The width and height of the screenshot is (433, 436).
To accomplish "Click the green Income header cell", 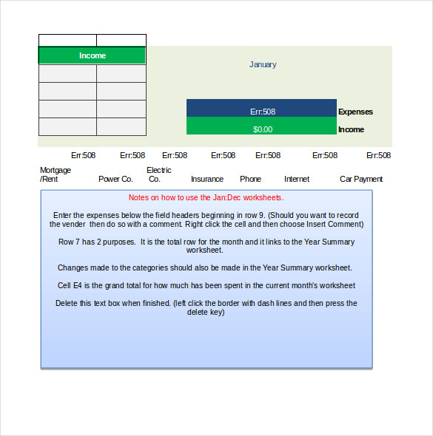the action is click(x=93, y=55).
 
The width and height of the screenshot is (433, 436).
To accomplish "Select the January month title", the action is click(x=263, y=64).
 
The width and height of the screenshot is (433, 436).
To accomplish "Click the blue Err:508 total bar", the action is click(x=262, y=112).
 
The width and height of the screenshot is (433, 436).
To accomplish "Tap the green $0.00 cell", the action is click(x=262, y=129).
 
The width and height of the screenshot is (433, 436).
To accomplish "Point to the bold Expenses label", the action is click(x=355, y=112).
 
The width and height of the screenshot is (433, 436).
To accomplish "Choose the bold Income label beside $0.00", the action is click(x=351, y=129).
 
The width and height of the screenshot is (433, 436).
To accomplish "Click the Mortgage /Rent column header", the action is click(x=56, y=174).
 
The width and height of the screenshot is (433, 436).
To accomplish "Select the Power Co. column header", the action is click(x=115, y=179).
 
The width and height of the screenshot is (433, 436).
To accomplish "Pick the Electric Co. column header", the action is click(x=158, y=174).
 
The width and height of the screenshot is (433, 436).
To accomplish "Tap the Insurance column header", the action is click(x=207, y=179).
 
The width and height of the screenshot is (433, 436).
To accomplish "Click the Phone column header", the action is click(x=250, y=179).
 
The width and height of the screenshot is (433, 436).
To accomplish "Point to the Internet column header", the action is click(x=297, y=179).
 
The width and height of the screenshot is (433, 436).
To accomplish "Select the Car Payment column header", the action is click(x=361, y=179).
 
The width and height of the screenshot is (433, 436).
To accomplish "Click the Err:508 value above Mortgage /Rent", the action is click(x=83, y=155).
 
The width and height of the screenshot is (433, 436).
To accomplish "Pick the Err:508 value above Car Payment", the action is click(x=378, y=155).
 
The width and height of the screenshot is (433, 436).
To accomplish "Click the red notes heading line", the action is click(x=206, y=197).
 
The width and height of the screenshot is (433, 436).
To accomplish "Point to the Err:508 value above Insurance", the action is click(x=223, y=155).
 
